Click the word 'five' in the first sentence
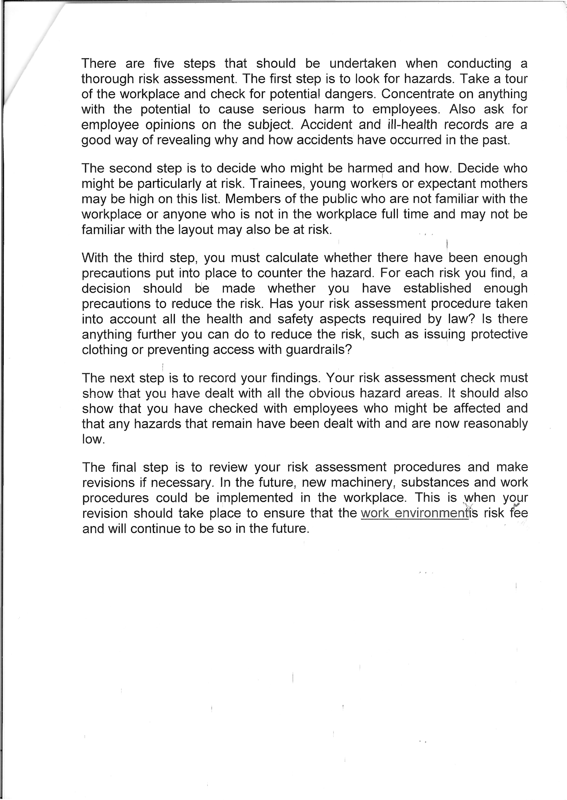tap(164, 63)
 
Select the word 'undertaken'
tap(363, 63)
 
